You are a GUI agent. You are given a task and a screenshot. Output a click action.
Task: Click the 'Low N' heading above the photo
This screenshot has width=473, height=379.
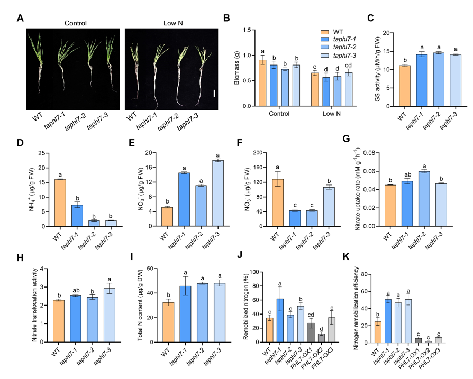coord(172,23)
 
